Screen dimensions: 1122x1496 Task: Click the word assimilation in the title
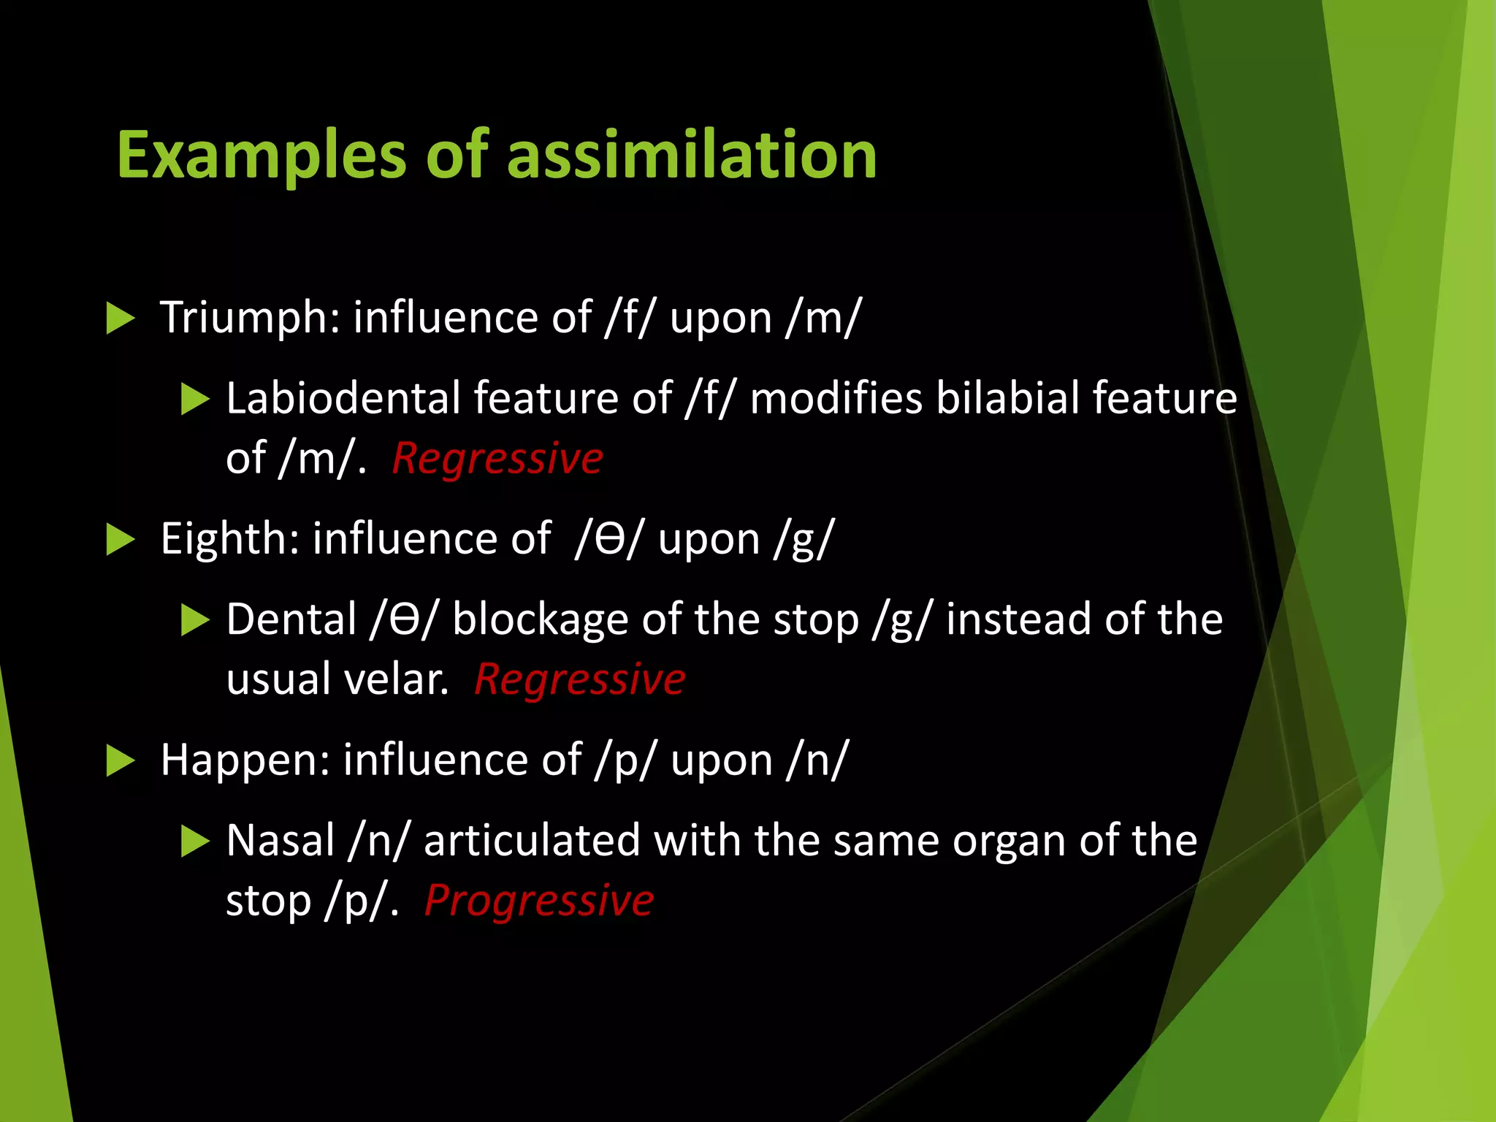(x=691, y=155)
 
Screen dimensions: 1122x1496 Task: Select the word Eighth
(x=229, y=539)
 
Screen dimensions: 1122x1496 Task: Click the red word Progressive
(x=538, y=901)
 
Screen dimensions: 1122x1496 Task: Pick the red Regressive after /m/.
(x=497, y=459)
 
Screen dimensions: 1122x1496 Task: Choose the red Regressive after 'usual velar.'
(x=579, y=680)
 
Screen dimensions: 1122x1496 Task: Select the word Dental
(x=291, y=620)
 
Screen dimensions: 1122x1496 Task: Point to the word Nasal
(x=280, y=841)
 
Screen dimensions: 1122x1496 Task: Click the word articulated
(x=532, y=841)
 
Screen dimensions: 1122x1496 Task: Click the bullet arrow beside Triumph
(x=121, y=318)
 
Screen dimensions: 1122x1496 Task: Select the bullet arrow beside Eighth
(x=121, y=540)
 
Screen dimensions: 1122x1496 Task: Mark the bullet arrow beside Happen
(x=121, y=761)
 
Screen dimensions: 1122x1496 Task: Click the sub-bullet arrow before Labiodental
(x=195, y=400)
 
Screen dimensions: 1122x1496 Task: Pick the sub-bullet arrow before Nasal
(x=195, y=841)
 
